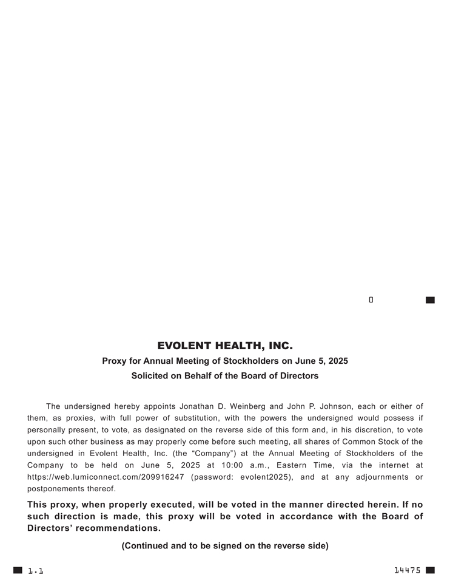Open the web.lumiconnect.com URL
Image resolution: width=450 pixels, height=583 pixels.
(x=106, y=477)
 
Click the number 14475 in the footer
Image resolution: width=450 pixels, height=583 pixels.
(x=407, y=570)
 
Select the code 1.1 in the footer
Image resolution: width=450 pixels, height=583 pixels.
(x=36, y=571)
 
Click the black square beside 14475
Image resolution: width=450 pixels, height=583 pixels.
(x=430, y=570)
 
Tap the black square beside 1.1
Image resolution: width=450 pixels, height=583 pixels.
(x=18, y=570)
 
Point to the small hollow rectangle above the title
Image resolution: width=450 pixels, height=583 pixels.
(x=371, y=299)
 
